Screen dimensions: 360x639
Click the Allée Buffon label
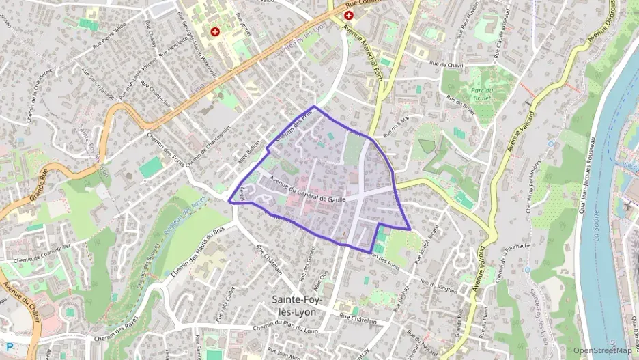click(x=249, y=149)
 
